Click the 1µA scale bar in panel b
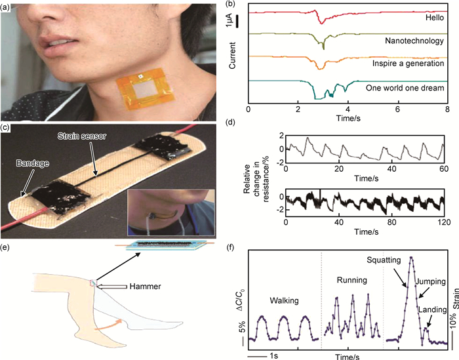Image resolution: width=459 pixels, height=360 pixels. [x=237, y=22]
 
